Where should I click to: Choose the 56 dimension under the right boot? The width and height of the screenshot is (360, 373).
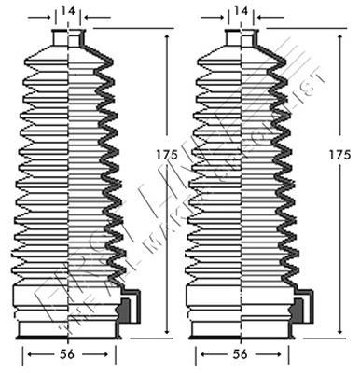[242, 354]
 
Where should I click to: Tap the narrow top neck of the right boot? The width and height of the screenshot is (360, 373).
[242, 36]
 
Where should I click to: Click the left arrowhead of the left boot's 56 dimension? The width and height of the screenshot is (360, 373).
[26, 354]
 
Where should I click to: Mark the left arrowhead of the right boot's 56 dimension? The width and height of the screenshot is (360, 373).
[199, 354]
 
